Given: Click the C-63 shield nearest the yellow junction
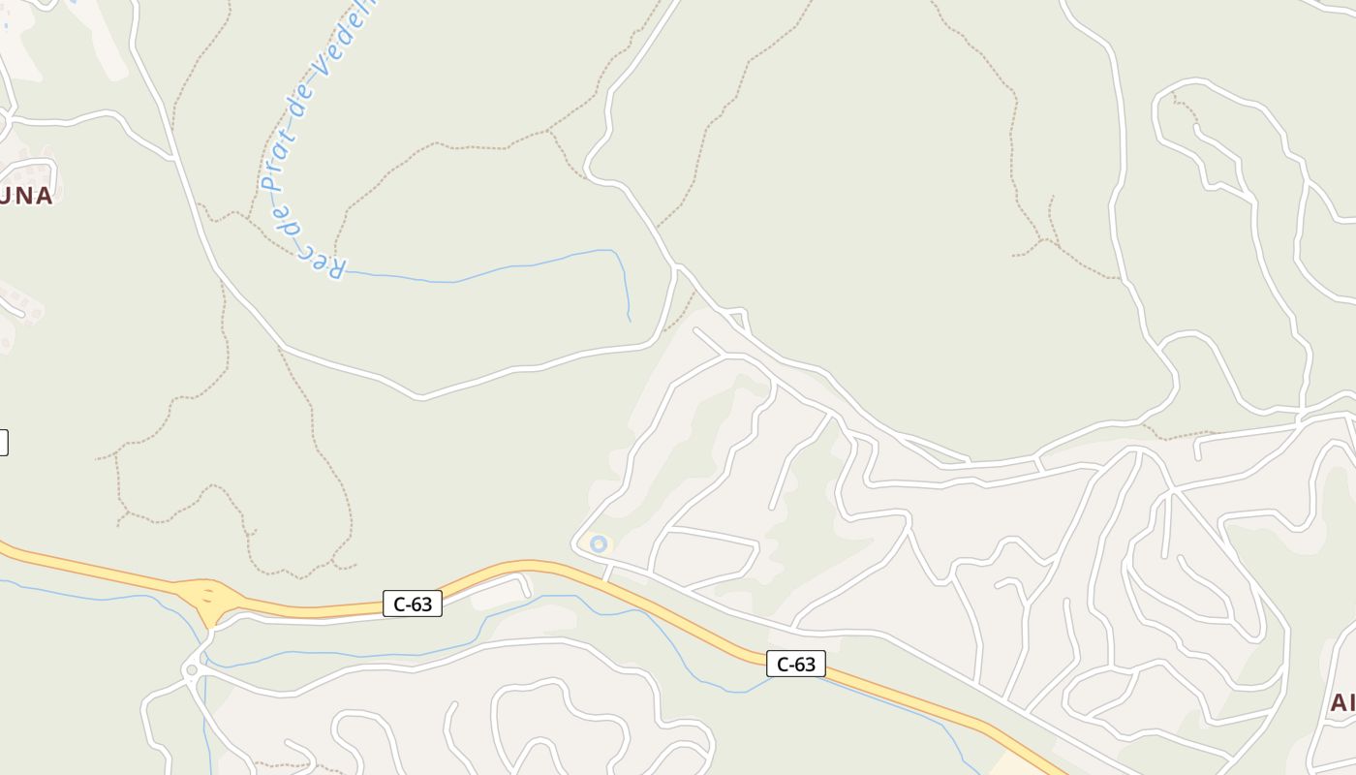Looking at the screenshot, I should tap(413, 604).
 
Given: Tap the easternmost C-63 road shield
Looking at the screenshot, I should tap(796, 664).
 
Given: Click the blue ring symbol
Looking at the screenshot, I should tap(599, 544).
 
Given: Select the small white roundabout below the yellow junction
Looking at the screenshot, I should tap(192, 669).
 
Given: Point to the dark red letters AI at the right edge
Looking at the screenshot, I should tap(1342, 702).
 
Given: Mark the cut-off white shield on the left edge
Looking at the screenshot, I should tap(3, 443).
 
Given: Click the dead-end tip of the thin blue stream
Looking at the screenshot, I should tap(629, 319).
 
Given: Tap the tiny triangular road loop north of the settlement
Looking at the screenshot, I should tap(737, 318).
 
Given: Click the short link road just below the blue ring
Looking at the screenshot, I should tap(607, 573).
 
